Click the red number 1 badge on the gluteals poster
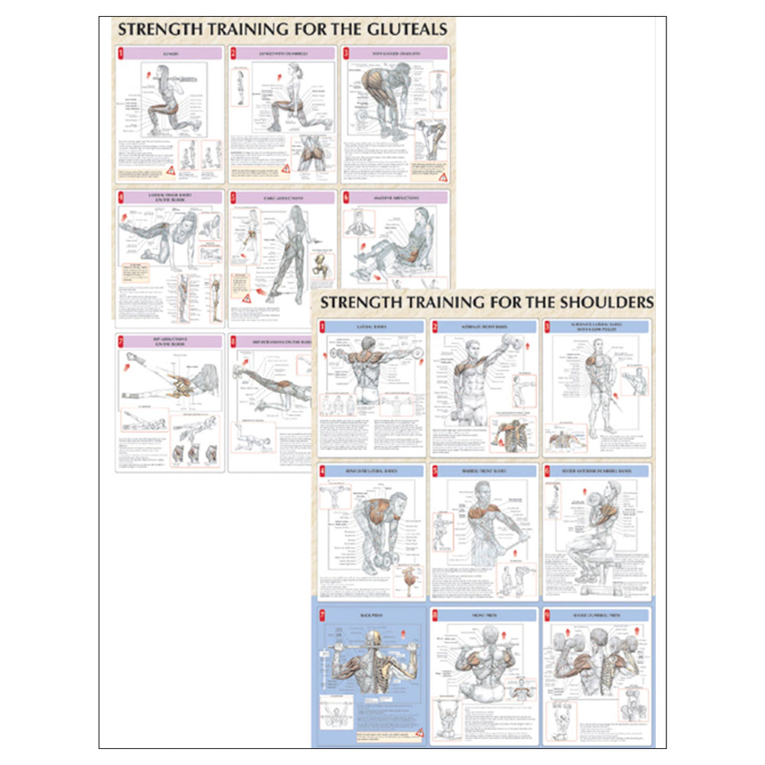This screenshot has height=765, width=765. click(x=121, y=54)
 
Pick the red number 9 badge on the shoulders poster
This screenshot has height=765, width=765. click(x=548, y=613)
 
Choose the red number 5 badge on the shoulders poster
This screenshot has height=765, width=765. click(x=435, y=470)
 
